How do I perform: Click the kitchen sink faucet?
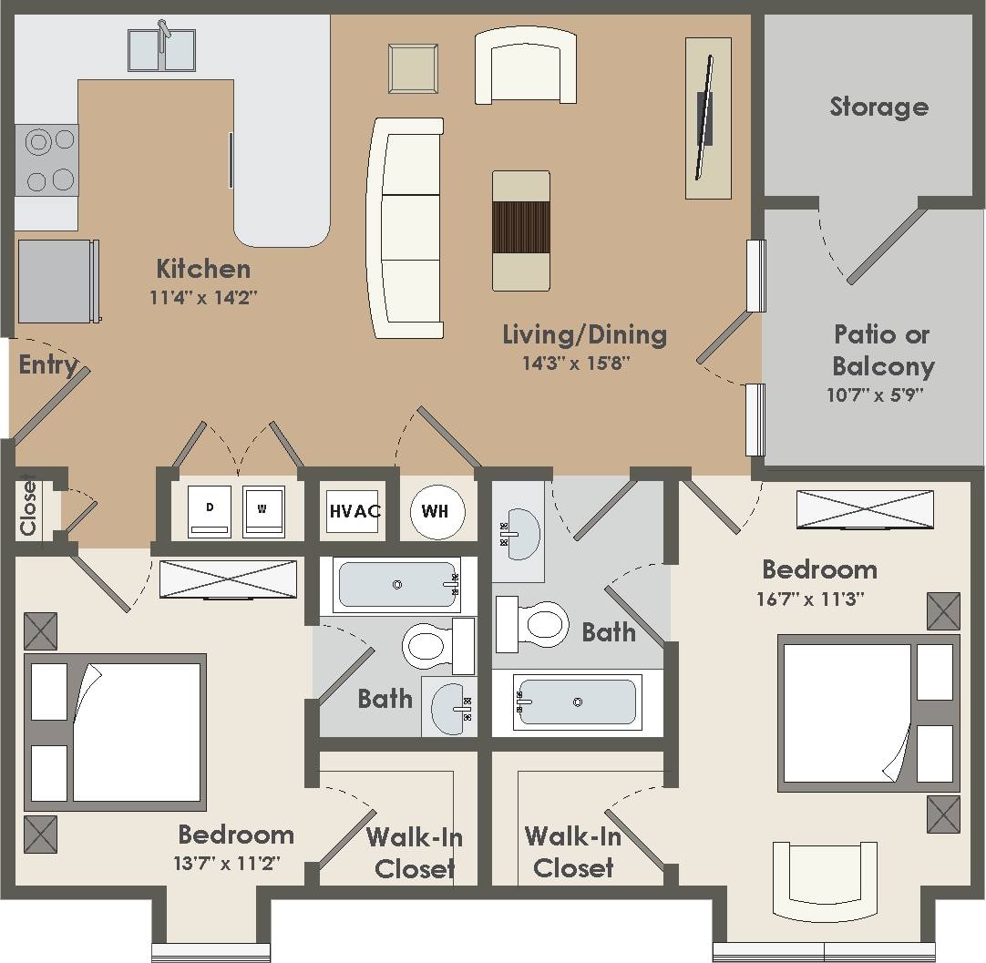[163, 35]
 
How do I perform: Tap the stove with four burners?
[47, 160]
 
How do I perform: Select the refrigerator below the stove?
[56, 281]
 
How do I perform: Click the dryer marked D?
[210, 511]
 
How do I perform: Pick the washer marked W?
[263, 511]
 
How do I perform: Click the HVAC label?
[354, 511]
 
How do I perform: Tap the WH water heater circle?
[436, 511]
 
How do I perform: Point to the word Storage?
[878, 107]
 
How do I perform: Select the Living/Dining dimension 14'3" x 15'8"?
[576, 363]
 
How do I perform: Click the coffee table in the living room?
[521, 230]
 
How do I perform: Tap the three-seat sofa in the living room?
[406, 228]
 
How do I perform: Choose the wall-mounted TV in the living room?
[704, 118]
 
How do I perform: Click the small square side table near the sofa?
[413, 68]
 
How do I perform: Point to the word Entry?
[48, 365]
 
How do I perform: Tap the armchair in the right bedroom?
[824, 880]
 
